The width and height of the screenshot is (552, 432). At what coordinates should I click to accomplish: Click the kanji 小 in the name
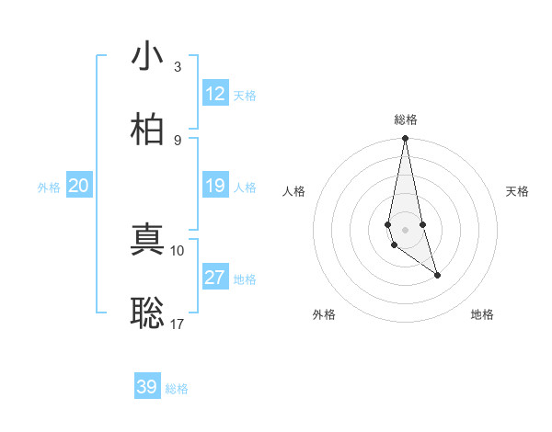(x=147, y=56)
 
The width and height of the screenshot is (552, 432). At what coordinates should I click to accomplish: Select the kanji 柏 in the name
(x=147, y=129)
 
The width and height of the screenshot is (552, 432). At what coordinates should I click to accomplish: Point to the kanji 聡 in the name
(x=147, y=313)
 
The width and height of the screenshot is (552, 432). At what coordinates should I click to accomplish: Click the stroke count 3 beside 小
(x=177, y=67)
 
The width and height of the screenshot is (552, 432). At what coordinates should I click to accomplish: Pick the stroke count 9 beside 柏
(x=177, y=140)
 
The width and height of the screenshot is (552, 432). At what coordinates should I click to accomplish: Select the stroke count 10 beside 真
(x=178, y=250)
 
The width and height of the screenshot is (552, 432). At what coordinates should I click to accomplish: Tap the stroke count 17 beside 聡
(x=178, y=324)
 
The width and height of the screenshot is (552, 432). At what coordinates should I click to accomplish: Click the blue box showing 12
(x=215, y=94)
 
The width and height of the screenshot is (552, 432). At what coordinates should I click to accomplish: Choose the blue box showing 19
(x=215, y=187)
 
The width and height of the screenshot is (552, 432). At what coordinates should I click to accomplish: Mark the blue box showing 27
(x=215, y=278)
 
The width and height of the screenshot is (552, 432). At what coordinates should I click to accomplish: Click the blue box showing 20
(x=78, y=187)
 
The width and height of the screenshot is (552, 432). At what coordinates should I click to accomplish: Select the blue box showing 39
(x=147, y=387)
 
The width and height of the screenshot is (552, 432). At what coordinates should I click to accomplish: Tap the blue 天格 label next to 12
(x=245, y=96)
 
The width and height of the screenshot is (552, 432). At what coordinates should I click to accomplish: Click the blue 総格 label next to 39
(x=177, y=389)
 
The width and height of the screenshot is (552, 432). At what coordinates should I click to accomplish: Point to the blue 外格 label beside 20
(x=49, y=188)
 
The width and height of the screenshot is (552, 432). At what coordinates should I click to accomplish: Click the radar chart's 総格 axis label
(x=405, y=119)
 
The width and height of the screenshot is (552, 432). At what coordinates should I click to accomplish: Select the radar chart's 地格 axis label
(x=482, y=314)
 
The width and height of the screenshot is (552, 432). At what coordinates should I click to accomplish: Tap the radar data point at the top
(x=405, y=139)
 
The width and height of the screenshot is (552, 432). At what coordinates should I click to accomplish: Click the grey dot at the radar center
(x=405, y=229)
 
